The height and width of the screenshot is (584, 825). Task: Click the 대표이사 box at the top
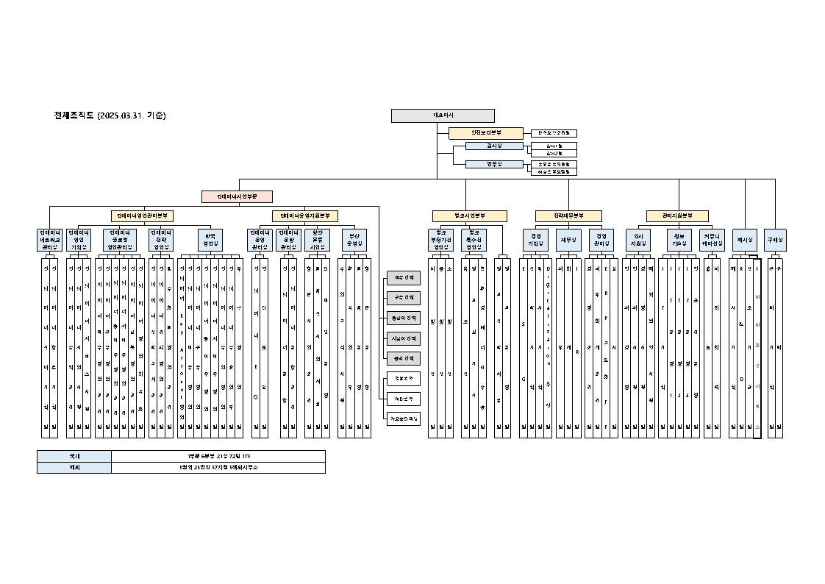point(443,115)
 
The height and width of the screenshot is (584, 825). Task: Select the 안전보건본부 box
point(485,133)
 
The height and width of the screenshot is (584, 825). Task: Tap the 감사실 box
point(494,146)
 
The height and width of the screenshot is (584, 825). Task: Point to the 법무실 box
point(494,164)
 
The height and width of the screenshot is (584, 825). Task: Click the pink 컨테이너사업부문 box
point(238,196)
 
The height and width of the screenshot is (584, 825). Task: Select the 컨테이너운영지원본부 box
point(305,216)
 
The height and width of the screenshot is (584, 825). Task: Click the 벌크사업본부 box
point(469,216)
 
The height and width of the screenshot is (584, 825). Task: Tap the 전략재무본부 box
point(568,216)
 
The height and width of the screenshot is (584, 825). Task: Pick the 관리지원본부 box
point(677,216)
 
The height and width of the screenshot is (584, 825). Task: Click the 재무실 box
point(568,240)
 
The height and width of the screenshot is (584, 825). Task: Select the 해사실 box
point(745,240)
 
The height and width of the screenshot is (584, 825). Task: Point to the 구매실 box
point(775,240)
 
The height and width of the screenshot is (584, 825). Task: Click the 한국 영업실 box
point(210,240)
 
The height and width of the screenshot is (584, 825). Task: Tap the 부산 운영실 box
point(354,240)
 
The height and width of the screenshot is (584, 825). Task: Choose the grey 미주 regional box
point(404,278)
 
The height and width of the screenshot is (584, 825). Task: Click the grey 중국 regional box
point(404,358)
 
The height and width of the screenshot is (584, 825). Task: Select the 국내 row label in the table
point(74,456)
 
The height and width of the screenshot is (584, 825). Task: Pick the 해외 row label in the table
point(74,467)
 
